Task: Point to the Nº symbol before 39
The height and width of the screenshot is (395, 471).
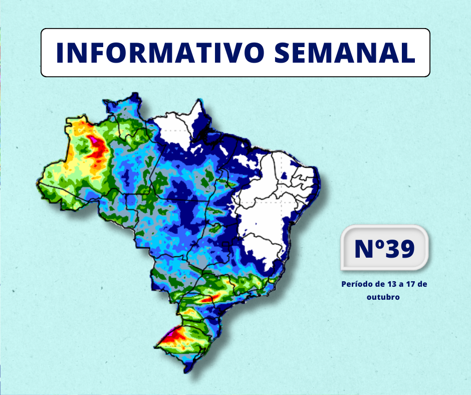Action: [368, 248]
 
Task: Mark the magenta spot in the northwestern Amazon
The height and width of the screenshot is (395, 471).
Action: [93, 139]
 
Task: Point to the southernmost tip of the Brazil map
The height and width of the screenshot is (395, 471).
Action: [185, 372]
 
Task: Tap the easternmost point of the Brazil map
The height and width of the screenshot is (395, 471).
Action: [320, 176]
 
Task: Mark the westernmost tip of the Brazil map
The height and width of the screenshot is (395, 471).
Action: [38, 183]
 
